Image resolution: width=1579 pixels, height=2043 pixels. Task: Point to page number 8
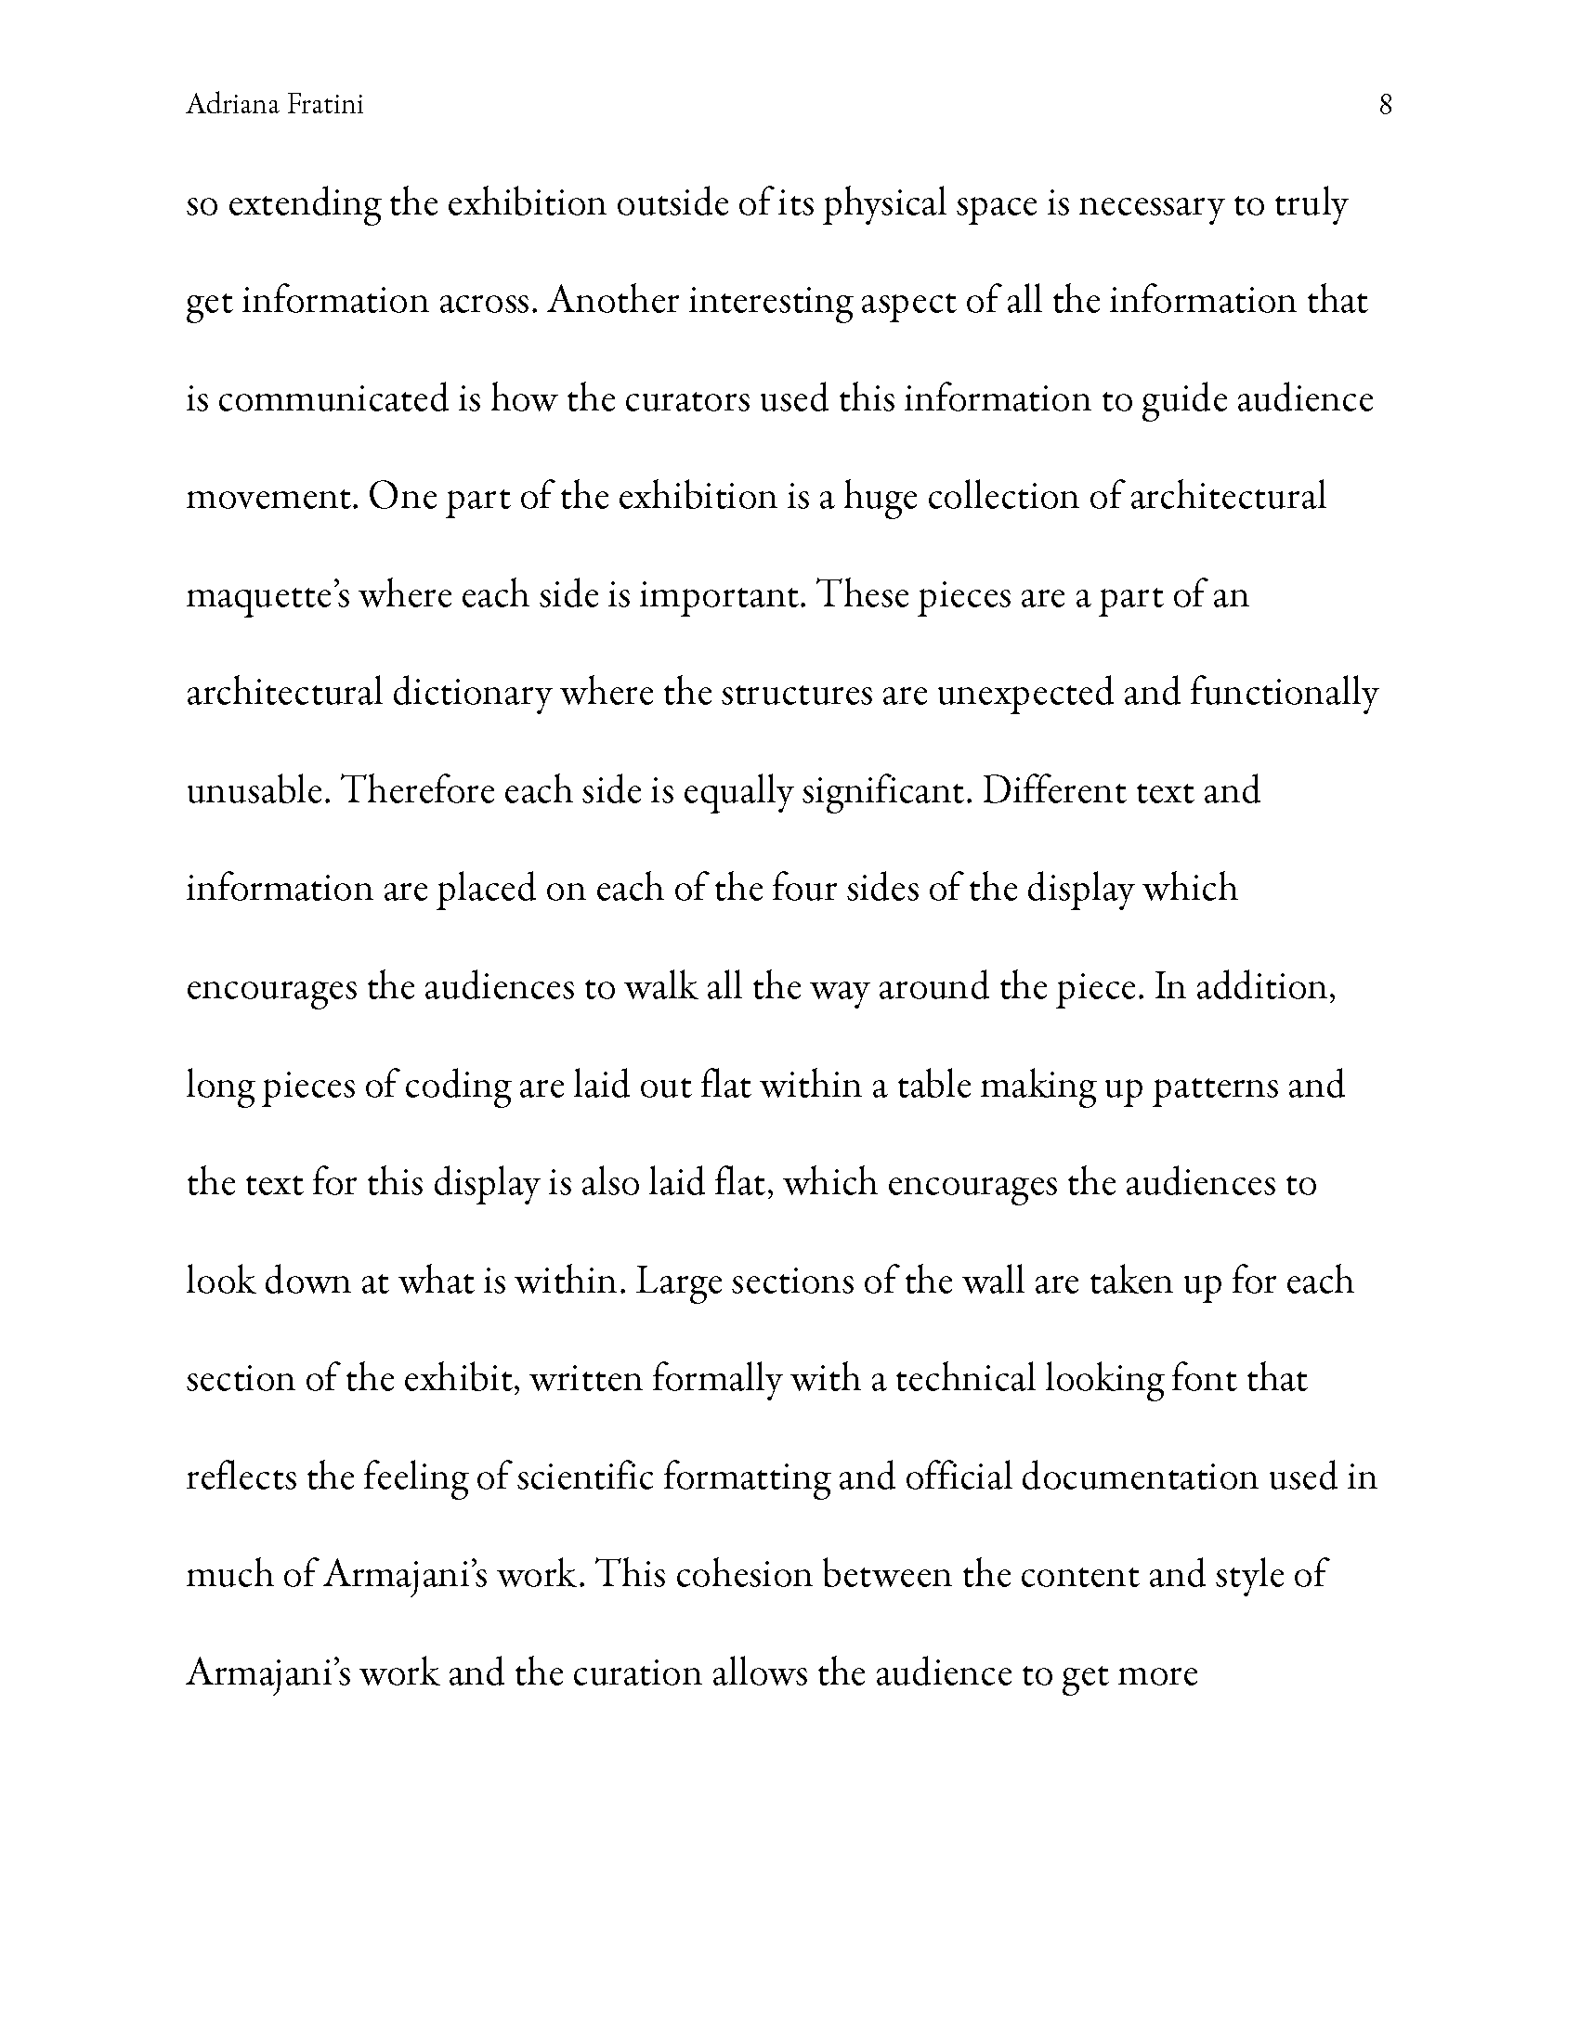pyautogui.click(x=1386, y=105)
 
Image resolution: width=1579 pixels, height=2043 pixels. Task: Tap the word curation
pyautogui.click(x=636, y=1673)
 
